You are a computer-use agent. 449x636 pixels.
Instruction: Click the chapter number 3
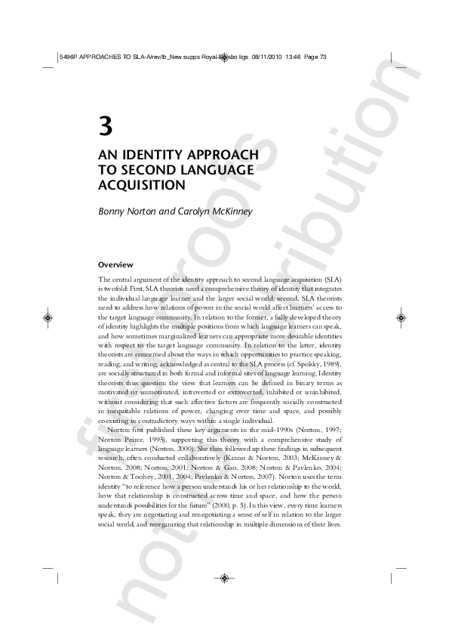(x=105, y=126)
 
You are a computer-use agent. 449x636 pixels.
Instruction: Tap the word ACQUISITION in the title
(x=142, y=184)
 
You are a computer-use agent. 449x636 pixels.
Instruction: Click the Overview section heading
(x=115, y=264)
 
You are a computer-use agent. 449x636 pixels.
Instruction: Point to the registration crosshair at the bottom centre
(x=224, y=578)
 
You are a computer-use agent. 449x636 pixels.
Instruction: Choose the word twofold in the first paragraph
(x=117, y=289)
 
